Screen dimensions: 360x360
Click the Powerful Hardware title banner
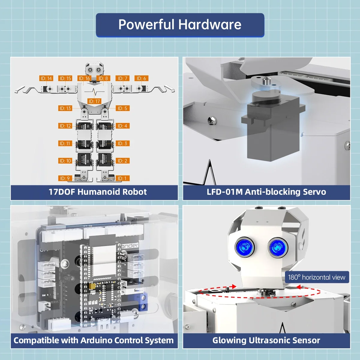(180, 25)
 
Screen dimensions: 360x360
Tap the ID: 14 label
(46, 78)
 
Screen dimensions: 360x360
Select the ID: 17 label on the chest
(94, 101)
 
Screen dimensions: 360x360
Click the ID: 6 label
(141, 78)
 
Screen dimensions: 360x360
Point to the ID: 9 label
(65, 178)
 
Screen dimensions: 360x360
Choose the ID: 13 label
(65, 108)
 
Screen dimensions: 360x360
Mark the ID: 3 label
(122, 143)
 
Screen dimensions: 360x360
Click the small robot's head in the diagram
(94, 70)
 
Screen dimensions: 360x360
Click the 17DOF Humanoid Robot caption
(97, 192)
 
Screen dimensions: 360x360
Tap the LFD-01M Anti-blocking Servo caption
(266, 192)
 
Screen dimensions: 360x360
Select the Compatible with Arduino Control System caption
(94, 340)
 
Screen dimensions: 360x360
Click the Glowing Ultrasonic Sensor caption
(266, 340)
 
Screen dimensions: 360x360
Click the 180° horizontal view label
(316, 277)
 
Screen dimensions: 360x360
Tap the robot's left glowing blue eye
(245, 247)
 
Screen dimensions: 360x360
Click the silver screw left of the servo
(211, 121)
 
